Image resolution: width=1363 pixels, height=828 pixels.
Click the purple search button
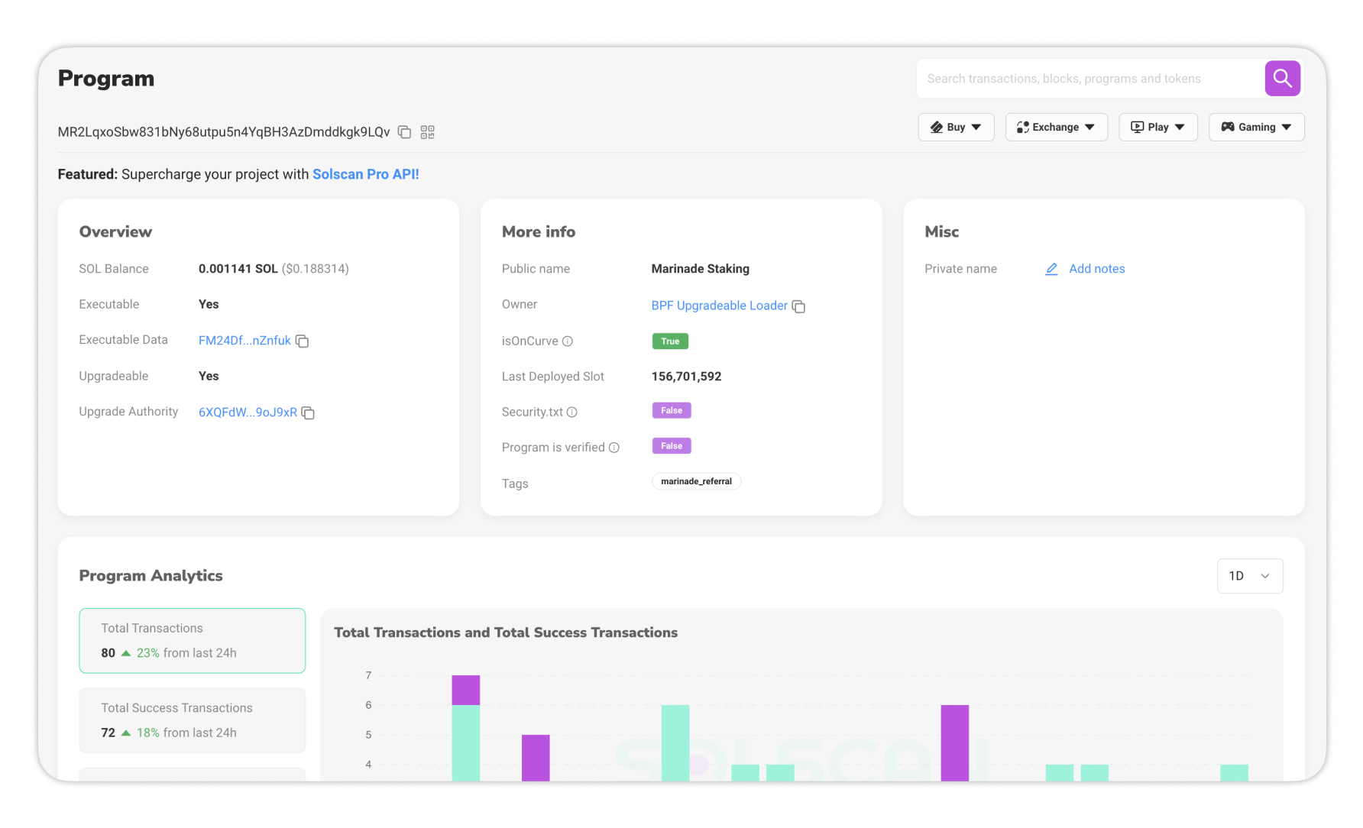(1282, 79)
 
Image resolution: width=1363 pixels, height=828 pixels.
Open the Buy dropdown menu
(956, 128)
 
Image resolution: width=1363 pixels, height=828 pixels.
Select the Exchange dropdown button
(1056, 128)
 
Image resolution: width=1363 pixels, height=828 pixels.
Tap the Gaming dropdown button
(1256, 128)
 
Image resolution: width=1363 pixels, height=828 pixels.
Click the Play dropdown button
(1157, 128)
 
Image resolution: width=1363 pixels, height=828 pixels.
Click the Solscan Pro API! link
(366, 174)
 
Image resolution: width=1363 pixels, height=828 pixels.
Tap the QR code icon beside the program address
(428, 132)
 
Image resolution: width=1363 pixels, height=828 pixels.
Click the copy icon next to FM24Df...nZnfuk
(303, 341)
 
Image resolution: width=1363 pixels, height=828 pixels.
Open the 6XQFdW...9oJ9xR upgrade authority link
(248, 412)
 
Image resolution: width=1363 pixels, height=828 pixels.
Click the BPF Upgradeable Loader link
(719, 306)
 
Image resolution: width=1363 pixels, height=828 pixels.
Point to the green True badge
(670, 341)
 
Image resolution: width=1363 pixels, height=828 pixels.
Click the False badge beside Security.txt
(672, 411)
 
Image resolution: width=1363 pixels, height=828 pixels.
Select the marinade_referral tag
(696, 481)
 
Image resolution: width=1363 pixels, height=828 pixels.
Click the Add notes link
(1096, 269)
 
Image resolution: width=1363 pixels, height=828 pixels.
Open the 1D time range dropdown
(1249, 576)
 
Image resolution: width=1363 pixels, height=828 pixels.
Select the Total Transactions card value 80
(108, 653)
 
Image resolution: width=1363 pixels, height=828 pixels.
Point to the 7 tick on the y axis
(368, 675)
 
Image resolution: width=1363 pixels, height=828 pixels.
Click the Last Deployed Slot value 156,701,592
(686, 377)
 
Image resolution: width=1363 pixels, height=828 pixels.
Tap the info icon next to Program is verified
(614, 448)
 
